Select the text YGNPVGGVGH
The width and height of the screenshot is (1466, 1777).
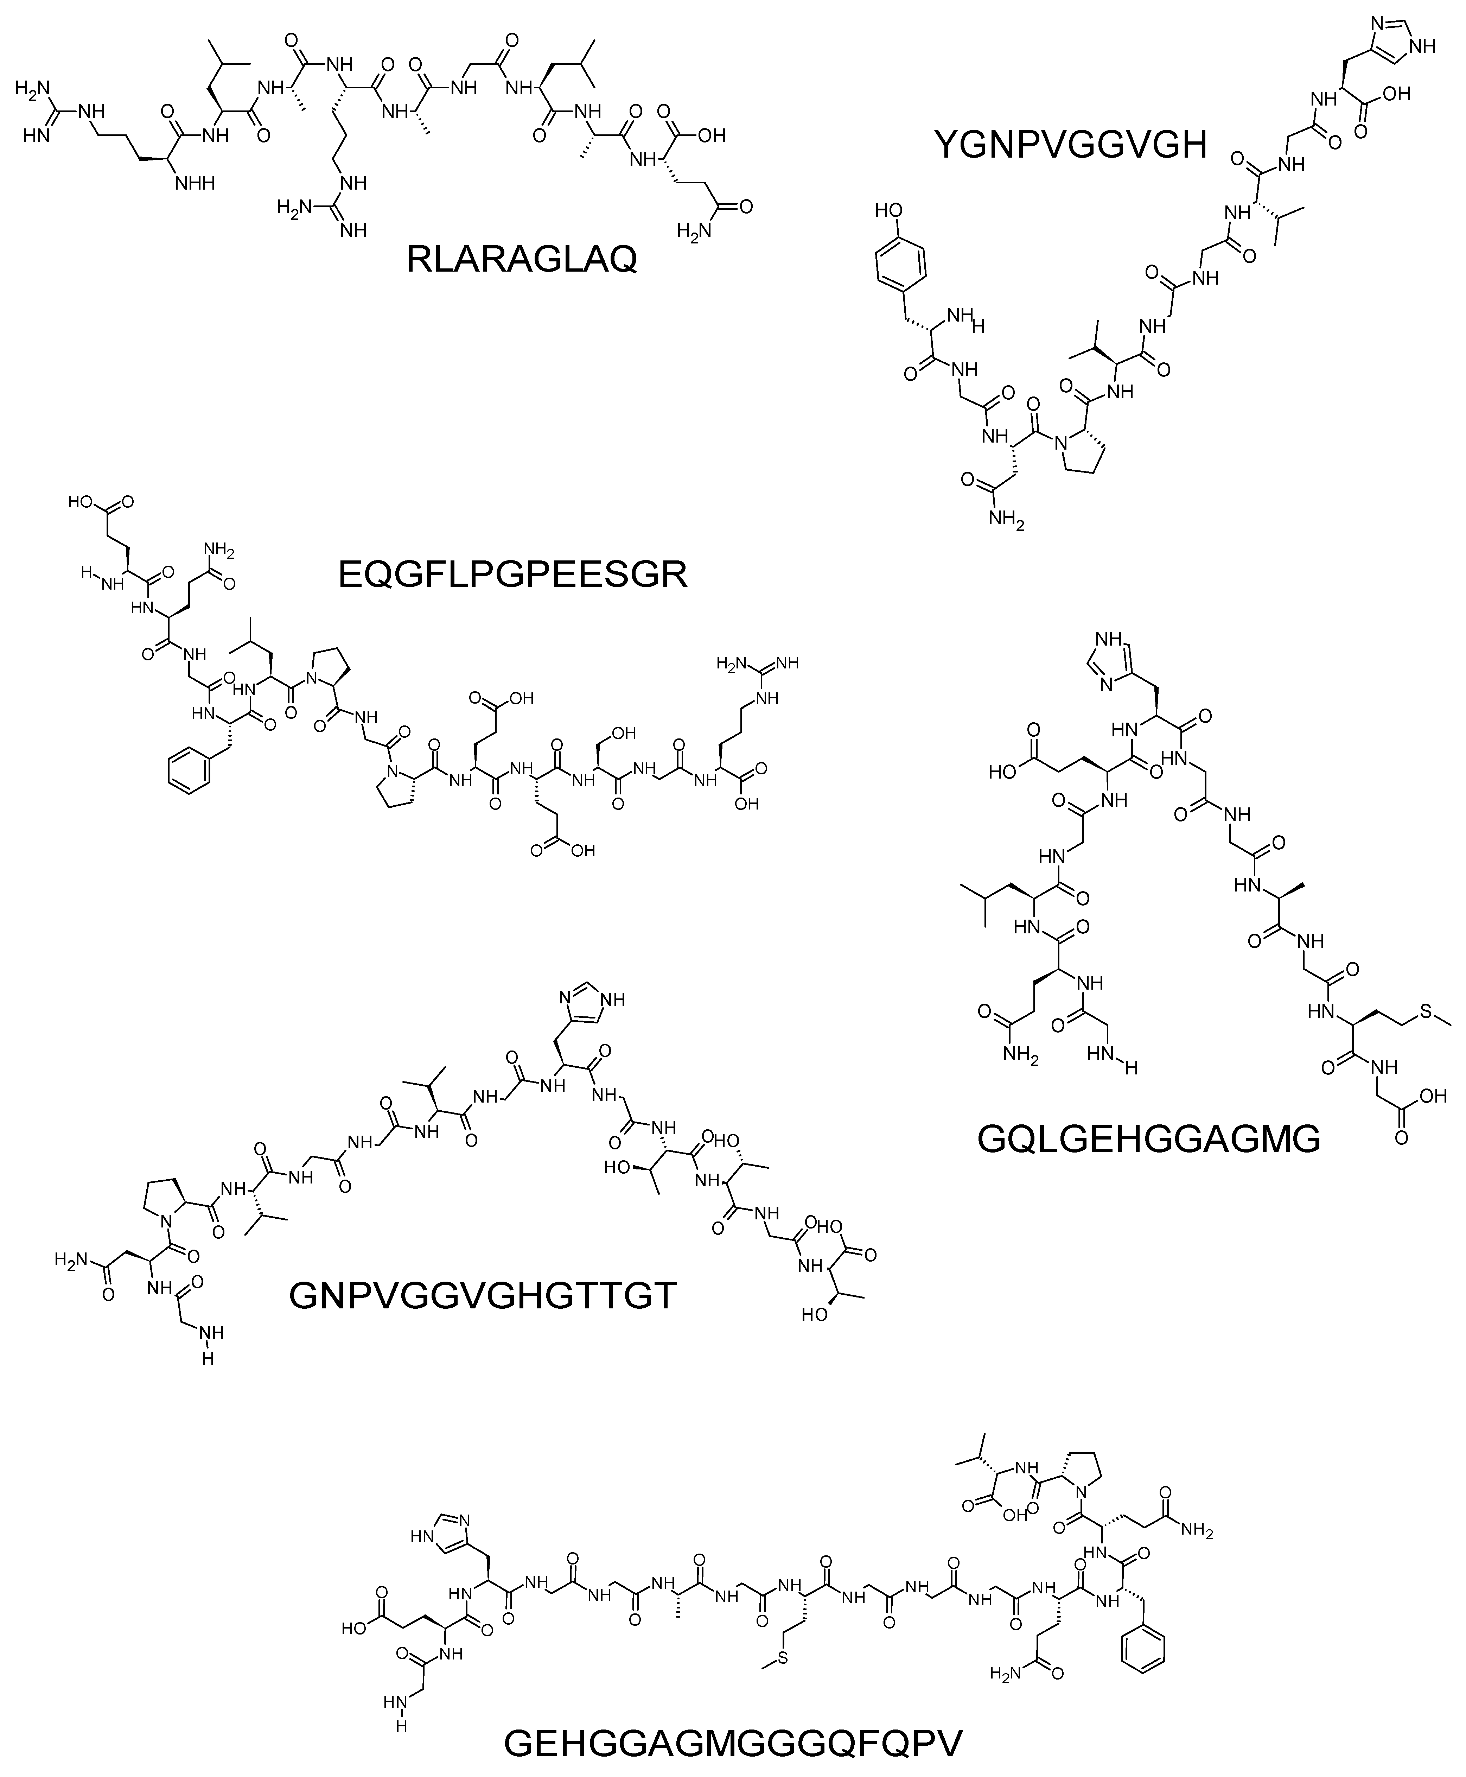tap(1071, 145)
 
